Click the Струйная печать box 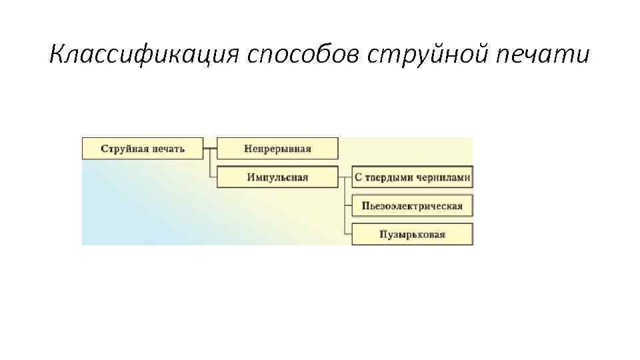(x=143, y=148)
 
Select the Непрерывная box (x=277, y=148)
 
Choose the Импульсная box (x=277, y=177)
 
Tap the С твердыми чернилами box (x=412, y=177)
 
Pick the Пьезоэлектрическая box (x=412, y=206)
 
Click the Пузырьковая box (x=412, y=235)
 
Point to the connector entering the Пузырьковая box (x=347, y=235)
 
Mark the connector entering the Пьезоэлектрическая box (x=347, y=206)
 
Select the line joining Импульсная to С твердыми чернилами (x=345, y=177)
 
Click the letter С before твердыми (x=358, y=177)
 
